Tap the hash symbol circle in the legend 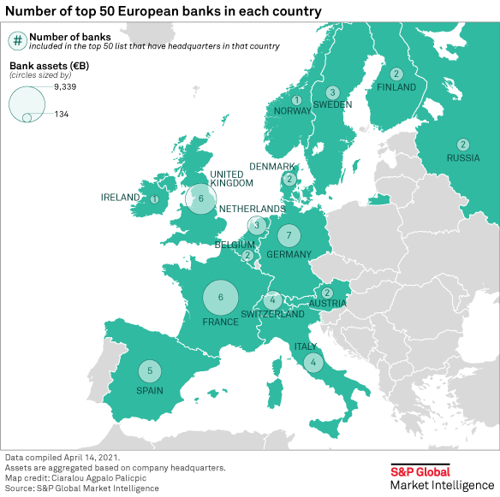coord(17,40)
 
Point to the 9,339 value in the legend coord(66,87)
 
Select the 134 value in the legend coord(62,115)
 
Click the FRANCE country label coord(220,322)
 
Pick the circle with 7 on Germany coord(289,236)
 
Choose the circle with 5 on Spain coord(150,371)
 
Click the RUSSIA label coord(463,157)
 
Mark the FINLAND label coord(396,87)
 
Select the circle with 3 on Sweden coord(332,92)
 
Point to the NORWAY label coord(293,111)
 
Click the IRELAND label coord(120,198)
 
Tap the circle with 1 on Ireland coord(154,199)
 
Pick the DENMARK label coord(272,166)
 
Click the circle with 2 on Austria coord(326,293)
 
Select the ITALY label coord(306,346)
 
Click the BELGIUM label coord(235,244)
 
